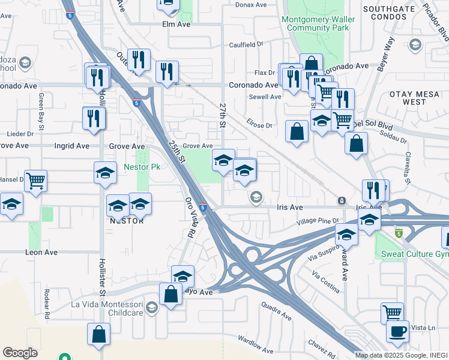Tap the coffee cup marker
[x=397, y=331]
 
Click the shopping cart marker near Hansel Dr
[x=36, y=179]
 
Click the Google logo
[x=20, y=353]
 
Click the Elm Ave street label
[x=176, y=25]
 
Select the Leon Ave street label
[x=41, y=253]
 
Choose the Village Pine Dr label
[x=318, y=221]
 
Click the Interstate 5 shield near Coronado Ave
[x=137, y=103]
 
